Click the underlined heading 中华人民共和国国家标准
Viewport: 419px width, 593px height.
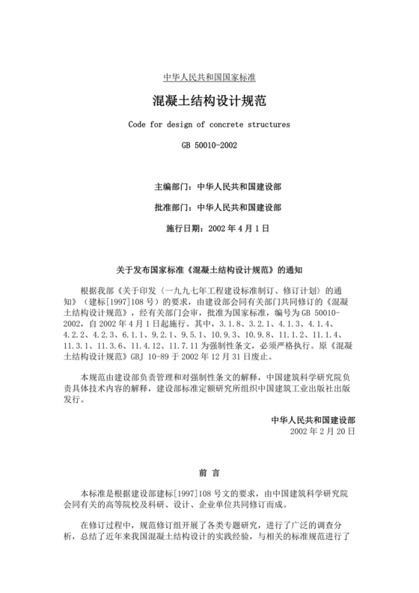(x=209, y=78)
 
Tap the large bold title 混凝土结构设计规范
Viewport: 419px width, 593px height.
(x=209, y=100)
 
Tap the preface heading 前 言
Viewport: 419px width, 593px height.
(x=209, y=472)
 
